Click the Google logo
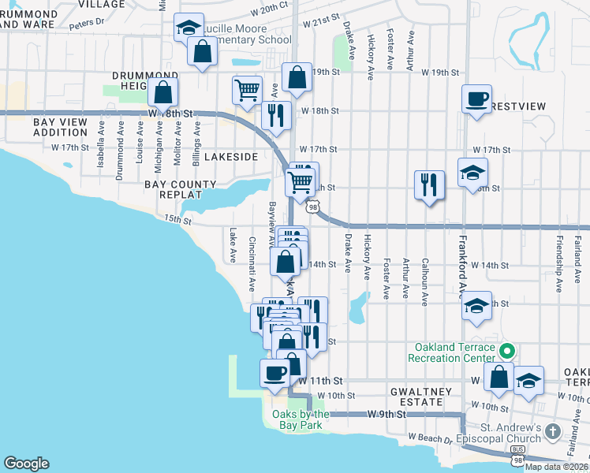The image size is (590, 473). point(27,464)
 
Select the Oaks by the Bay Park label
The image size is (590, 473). point(301,419)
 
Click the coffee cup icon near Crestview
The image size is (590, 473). point(476,99)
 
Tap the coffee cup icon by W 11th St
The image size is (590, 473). point(274,372)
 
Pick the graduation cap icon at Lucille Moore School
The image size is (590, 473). point(189,28)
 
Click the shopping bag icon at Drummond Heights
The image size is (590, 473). point(162,92)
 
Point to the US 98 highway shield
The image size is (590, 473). point(314,207)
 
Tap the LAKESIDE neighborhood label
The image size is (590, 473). point(231,157)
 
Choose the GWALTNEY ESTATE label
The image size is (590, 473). point(421,397)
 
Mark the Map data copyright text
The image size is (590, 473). point(556,466)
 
